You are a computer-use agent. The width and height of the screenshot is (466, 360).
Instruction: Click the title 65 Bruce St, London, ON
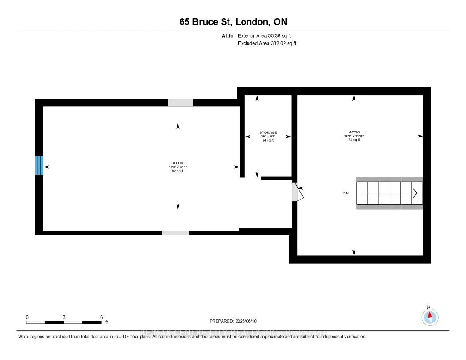pyautogui.click(x=233, y=21)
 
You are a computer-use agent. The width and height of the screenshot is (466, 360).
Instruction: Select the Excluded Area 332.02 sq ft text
pyautogui.click(x=267, y=43)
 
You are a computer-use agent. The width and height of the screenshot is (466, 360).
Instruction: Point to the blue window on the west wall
pyautogui.click(x=39, y=165)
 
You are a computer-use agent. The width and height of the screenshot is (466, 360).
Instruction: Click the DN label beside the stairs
pyautogui.click(x=346, y=193)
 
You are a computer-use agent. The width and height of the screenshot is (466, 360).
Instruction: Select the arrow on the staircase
pyautogui.click(x=415, y=193)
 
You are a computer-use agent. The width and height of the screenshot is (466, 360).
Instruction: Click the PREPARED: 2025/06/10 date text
pyautogui.click(x=233, y=321)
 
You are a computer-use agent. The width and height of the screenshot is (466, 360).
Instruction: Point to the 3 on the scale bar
pyautogui.click(x=64, y=317)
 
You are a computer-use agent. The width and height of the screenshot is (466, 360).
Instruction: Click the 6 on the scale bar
pyautogui.click(x=101, y=317)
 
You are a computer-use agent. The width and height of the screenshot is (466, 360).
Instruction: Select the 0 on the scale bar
pyautogui.click(x=27, y=317)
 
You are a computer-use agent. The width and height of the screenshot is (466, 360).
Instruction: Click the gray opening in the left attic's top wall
pyautogui.click(x=180, y=103)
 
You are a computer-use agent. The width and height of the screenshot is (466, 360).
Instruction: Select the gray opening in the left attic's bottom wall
pyautogui.click(x=176, y=233)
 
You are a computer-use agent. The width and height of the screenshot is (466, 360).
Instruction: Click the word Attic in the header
pyautogui.click(x=228, y=35)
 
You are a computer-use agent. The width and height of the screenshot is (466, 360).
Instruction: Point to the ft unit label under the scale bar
pyautogui.click(x=107, y=322)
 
